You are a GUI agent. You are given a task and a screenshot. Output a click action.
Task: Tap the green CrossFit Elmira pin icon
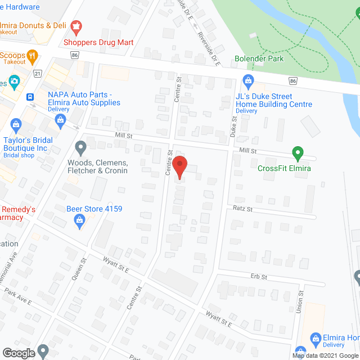coord(298,153)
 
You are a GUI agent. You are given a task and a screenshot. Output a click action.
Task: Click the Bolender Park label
coord(259,58)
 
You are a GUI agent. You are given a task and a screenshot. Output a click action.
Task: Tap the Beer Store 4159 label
coord(94,209)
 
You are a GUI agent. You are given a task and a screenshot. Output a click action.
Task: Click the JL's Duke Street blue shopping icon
coord(247,82)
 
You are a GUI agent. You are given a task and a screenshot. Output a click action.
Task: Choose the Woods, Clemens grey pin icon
coord(80,149)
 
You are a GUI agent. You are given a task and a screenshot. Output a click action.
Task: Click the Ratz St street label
coord(242,209)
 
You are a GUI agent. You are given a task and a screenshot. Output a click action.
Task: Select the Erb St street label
coord(259,277)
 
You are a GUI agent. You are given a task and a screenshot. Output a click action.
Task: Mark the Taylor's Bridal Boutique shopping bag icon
coord(16,123)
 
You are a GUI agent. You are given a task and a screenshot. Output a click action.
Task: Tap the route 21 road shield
coord(38,74)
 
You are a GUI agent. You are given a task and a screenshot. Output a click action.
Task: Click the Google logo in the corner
coord(18,353)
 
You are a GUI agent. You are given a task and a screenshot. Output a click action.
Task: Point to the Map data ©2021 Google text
coord(325,355)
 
